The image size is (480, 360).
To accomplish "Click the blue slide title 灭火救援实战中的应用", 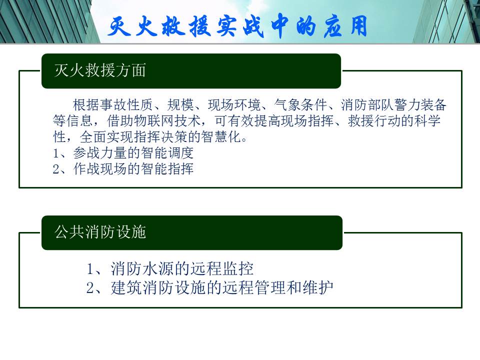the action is pos(237,26).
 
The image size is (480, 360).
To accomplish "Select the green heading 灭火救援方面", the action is pos(100,70).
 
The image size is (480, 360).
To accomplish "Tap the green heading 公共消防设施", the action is pos(100,231).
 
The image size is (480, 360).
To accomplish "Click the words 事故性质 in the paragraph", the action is pos(126,105).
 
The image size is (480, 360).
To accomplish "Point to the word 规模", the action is pos(180,105).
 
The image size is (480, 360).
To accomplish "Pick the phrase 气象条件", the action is pos(300,105).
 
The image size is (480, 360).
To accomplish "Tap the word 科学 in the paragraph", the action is pos(427,121).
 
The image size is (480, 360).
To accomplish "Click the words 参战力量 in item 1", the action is pos(100,153).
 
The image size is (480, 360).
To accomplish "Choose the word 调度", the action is pos(180,153).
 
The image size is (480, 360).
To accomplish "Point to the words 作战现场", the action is pos(100,168).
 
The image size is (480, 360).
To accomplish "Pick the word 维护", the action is pos(318,288).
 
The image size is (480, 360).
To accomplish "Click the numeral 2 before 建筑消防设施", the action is pos(90,288).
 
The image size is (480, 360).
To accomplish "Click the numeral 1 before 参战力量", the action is pos(56,153).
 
